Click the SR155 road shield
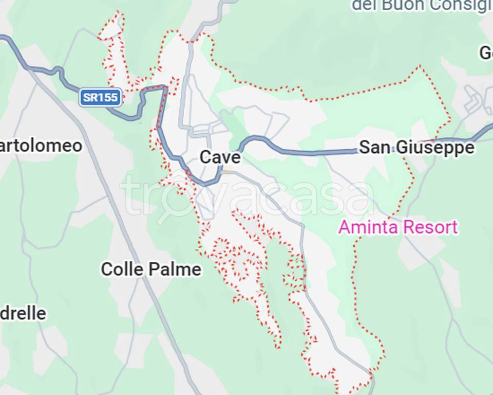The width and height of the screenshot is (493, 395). [x=101, y=97]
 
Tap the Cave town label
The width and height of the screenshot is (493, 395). [x=220, y=157]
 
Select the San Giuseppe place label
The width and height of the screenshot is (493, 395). [x=416, y=148]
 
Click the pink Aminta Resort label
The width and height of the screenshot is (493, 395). [x=397, y=227]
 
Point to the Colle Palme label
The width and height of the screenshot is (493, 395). [x=151, y=268]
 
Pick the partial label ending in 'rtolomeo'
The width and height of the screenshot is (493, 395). [x=41, y=146]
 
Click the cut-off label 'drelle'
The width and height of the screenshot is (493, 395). [x=23, y=313]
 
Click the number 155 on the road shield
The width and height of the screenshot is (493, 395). [x=109, y=97]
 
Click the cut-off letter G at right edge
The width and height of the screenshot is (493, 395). [x=486, y=52]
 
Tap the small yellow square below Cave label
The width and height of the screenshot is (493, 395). [x=228, y=169]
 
